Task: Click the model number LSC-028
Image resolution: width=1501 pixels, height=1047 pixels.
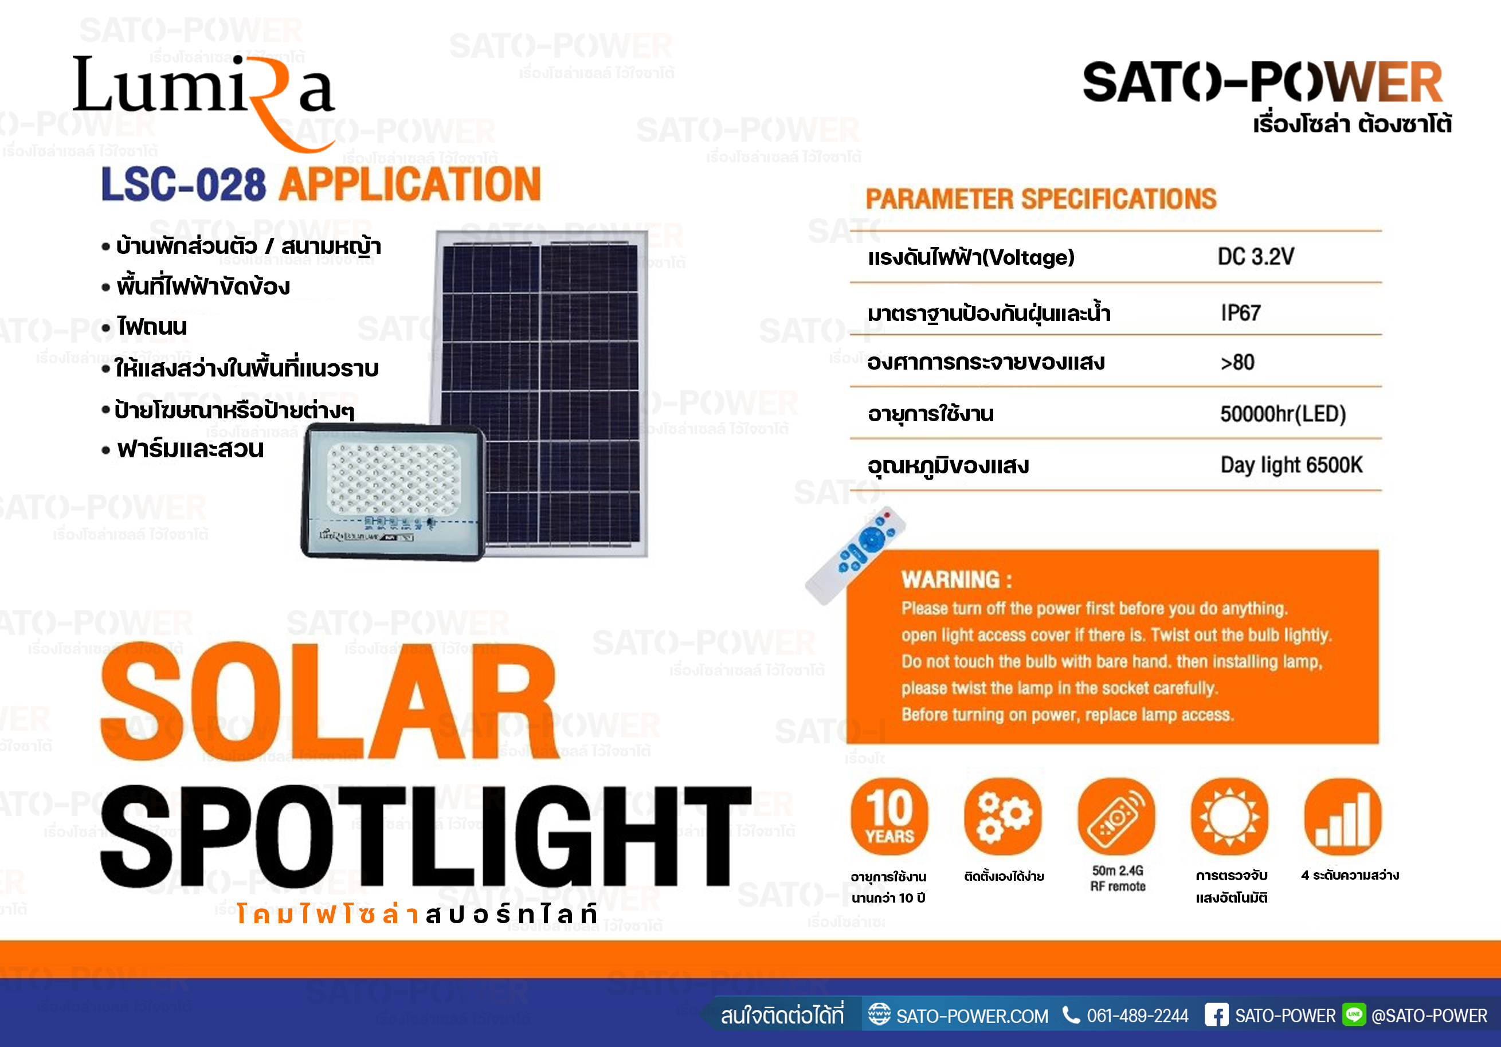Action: (x=184, y=185)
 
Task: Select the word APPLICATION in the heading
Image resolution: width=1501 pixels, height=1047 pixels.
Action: (x=410, y=185)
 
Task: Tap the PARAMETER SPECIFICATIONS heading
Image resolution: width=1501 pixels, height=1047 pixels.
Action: (x=1041, y=199)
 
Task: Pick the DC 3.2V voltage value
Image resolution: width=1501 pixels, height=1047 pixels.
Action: (x=1255, y=257)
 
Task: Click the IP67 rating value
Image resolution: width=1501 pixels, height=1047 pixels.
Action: (x=1241, y=313)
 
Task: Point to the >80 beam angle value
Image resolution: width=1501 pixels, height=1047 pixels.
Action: (x=1237, y=362)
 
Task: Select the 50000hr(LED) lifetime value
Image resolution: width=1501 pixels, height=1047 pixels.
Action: (x=1283, y=414)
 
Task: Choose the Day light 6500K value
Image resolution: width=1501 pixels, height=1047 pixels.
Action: (x=1291, y=465)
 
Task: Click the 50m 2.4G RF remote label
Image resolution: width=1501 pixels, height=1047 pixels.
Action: (x=1118, y=879)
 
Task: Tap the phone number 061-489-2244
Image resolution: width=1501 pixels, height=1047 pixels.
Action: (x=1138, y=1016)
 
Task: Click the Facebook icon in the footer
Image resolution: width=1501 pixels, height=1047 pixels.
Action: (x=1217, y=1015)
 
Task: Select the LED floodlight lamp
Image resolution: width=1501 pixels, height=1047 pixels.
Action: (x=394, y=492)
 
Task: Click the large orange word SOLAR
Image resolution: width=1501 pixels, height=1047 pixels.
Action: (x=328, y=701)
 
